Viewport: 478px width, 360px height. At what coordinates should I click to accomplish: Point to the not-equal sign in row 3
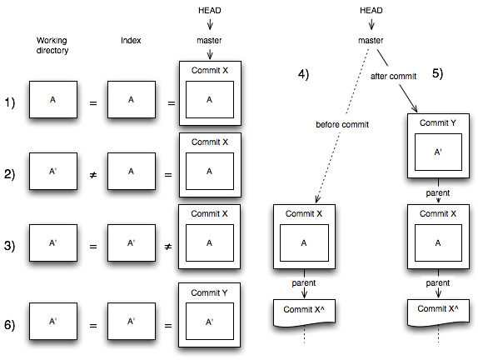169,245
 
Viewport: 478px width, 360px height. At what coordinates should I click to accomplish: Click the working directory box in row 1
52,100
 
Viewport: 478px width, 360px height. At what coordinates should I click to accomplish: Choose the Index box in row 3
131,244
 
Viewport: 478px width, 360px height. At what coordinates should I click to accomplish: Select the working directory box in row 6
52,321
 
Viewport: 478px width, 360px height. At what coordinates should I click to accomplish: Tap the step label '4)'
303,74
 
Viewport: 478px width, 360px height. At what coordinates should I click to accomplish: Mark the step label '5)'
437,73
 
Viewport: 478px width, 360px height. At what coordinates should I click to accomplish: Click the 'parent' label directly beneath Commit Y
438,192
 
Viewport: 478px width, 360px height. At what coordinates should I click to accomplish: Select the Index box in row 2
131,172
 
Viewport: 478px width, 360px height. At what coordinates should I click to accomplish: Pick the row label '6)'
10,323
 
